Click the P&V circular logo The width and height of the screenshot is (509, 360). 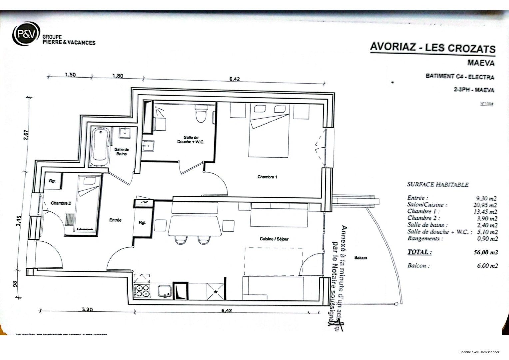pos(26,34)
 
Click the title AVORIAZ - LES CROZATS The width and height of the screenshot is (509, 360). pos(432,48)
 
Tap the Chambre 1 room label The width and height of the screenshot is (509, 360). pos(267,177)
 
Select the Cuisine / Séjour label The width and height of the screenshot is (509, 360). pos(274,239)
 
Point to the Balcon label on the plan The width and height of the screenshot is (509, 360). pos(360,258)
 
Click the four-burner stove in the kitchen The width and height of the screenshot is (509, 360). pos(142,291)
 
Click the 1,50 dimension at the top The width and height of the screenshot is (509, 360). pos(70,75)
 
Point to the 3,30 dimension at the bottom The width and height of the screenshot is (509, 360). pos(87,309)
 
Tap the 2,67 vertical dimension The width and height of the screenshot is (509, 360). pos(27,134)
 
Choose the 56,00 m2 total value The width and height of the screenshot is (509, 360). pos(485,252)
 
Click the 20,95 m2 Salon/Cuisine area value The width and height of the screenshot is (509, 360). pos(485,205)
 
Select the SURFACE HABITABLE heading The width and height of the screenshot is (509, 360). pos(437,184)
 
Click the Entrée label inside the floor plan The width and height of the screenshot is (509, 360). pos(115,220)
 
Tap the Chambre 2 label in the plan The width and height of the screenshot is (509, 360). pos(61,203)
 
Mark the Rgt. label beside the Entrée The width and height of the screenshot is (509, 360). pos(142,223)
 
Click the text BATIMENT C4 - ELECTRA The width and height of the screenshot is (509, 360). pos(459,77)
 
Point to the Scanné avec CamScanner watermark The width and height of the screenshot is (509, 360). pos(479,352)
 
